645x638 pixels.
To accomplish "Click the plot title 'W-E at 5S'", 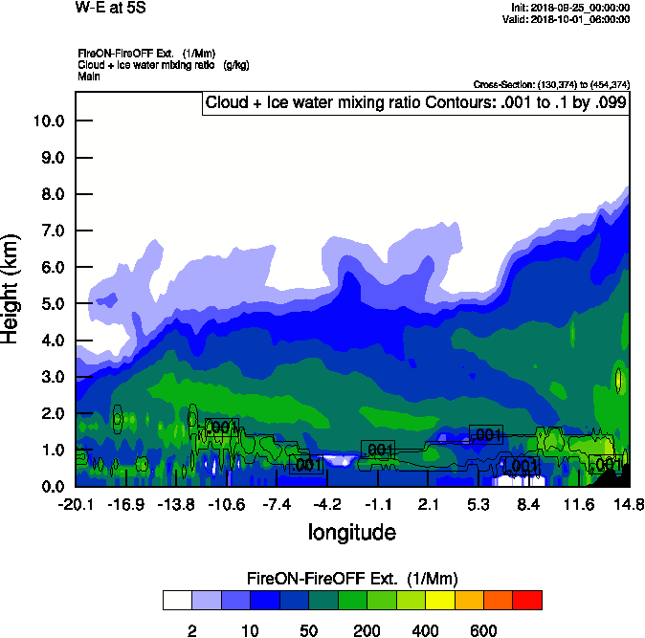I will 105,8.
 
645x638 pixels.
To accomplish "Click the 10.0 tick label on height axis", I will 48,121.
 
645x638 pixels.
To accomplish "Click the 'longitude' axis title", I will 351,531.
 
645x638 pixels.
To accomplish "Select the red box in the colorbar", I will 527,601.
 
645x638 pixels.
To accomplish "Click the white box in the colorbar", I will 176,601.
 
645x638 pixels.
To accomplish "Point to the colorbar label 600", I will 483,630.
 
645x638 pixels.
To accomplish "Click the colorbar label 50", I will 308,630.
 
